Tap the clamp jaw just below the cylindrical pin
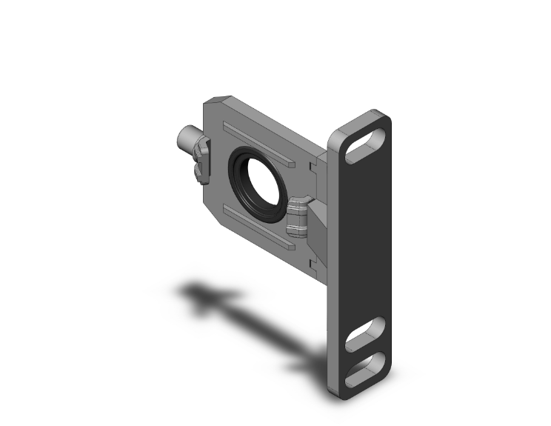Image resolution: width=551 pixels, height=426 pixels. pos(202,171)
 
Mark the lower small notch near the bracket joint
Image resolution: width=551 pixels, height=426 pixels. pos(312,261)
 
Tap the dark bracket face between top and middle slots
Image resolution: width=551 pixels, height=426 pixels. pos(363,237)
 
